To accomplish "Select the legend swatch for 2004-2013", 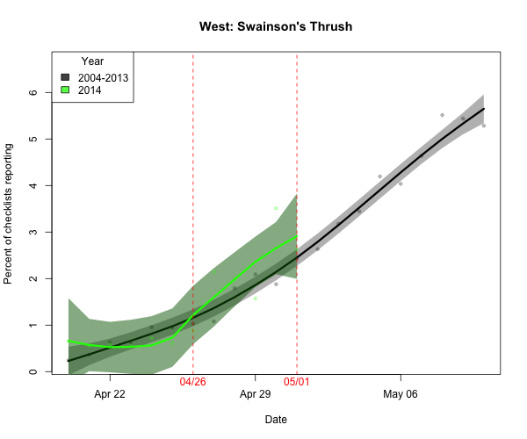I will click(x=65, y=77).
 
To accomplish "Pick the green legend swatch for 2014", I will click(x=65, y=90).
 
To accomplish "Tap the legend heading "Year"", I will click(x=93, y=61).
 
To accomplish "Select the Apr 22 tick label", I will click(x=110, y=394).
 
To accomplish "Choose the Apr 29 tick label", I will click(x=255, y=394).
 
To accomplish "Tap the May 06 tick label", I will click(x=401, y=394).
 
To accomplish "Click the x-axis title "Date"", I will click(x=276, y=420).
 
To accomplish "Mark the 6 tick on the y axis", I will click(x=33, y=93).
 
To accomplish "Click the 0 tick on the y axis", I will click(x=33, y=371).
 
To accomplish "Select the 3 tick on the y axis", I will click(x=33, y=232).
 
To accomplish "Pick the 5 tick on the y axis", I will click(x=33, y=140).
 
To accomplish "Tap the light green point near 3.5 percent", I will click(x=276, y=208).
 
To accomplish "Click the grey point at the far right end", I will click(x=483, y=126).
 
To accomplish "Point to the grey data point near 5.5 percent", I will click(x=442, y=115).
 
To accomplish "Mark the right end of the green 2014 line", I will click(x=297, y=237).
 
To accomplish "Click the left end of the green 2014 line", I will click(x=69, y=341).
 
